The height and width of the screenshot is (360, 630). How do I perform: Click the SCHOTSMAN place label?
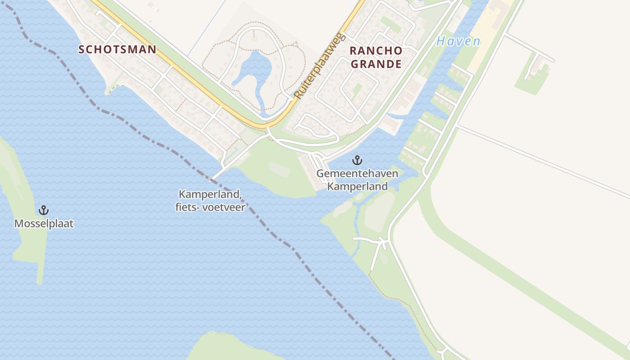(117, 49)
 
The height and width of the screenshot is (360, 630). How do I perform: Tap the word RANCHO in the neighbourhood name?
(375, 50)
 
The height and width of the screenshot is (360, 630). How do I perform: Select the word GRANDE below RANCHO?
(376, 64)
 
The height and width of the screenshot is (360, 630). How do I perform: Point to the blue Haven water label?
(458, 41)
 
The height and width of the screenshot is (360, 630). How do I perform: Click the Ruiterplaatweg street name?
(320, 66)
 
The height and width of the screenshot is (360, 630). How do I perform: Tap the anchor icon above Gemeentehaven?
(357, 160)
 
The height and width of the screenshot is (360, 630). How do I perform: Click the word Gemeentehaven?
(357, 173)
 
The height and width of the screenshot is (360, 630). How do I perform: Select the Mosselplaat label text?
(44, 223)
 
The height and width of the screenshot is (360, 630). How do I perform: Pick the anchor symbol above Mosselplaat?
(44, 210)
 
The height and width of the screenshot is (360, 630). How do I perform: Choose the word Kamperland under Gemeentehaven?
(357, 186)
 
